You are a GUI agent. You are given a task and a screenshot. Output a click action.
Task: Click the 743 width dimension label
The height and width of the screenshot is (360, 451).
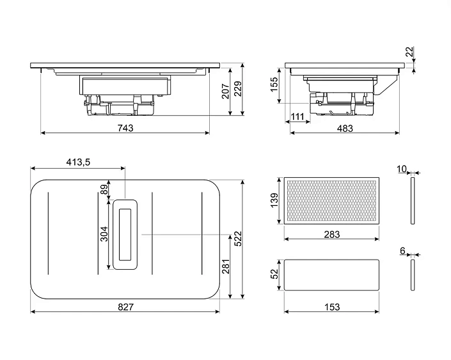pos(125,128)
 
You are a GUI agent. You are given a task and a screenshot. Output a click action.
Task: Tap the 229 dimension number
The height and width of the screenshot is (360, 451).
pos(238,90)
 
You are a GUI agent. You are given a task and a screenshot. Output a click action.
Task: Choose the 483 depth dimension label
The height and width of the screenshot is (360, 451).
pos(345,128)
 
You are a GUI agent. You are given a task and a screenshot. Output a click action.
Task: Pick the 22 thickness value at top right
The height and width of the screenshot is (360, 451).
pos(410,52)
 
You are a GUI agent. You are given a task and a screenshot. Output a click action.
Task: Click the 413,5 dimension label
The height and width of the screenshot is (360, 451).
pos(78,162)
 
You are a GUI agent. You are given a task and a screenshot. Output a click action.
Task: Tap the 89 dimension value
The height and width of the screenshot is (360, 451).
pos(104,189)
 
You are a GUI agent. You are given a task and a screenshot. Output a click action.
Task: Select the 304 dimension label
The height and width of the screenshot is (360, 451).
pos(104,234)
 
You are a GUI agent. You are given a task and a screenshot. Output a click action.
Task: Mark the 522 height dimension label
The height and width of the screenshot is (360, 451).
pos(238,239)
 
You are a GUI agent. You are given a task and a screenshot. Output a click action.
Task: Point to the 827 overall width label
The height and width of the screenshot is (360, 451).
pos(125,307)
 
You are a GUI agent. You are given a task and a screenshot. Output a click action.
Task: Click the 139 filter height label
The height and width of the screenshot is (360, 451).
pos(274,201)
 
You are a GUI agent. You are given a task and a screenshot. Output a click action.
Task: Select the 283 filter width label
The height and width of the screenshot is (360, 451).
pos(331,235)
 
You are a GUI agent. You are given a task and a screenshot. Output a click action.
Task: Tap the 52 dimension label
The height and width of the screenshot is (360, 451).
pos(274,274)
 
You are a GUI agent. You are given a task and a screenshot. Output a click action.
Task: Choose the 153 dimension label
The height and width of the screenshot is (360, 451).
pos(331,307)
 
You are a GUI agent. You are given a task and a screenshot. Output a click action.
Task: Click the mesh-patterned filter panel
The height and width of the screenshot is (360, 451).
pos(331,201)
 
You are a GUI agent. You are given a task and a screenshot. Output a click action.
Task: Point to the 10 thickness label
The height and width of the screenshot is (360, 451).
pos(401,169)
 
